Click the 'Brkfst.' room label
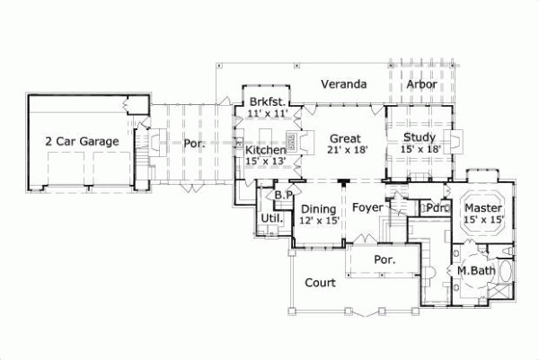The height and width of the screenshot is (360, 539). [x=267, y=101]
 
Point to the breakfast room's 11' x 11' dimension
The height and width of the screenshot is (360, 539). [x=266, y=115]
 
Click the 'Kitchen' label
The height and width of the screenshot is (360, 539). [x=266, y=149]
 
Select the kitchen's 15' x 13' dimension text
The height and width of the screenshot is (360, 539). [x=266, y=162]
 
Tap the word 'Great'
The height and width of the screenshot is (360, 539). [x=346, y=138]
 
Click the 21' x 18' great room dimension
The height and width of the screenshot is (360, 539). [x=346, y=151]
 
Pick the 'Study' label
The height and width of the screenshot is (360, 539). [x=420, y=137]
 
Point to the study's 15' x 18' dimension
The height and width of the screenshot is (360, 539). [x=420, y=150]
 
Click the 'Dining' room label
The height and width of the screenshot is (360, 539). [x=319, y=207]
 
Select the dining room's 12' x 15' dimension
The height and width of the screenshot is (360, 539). [x=319, y=220]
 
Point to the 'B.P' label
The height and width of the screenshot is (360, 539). [x=285, y=194]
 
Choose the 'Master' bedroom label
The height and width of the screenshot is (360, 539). [x=484, y=206]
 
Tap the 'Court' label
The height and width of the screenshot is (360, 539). [x=320, y=283]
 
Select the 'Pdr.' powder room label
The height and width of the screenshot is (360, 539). [x=437, y=208]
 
